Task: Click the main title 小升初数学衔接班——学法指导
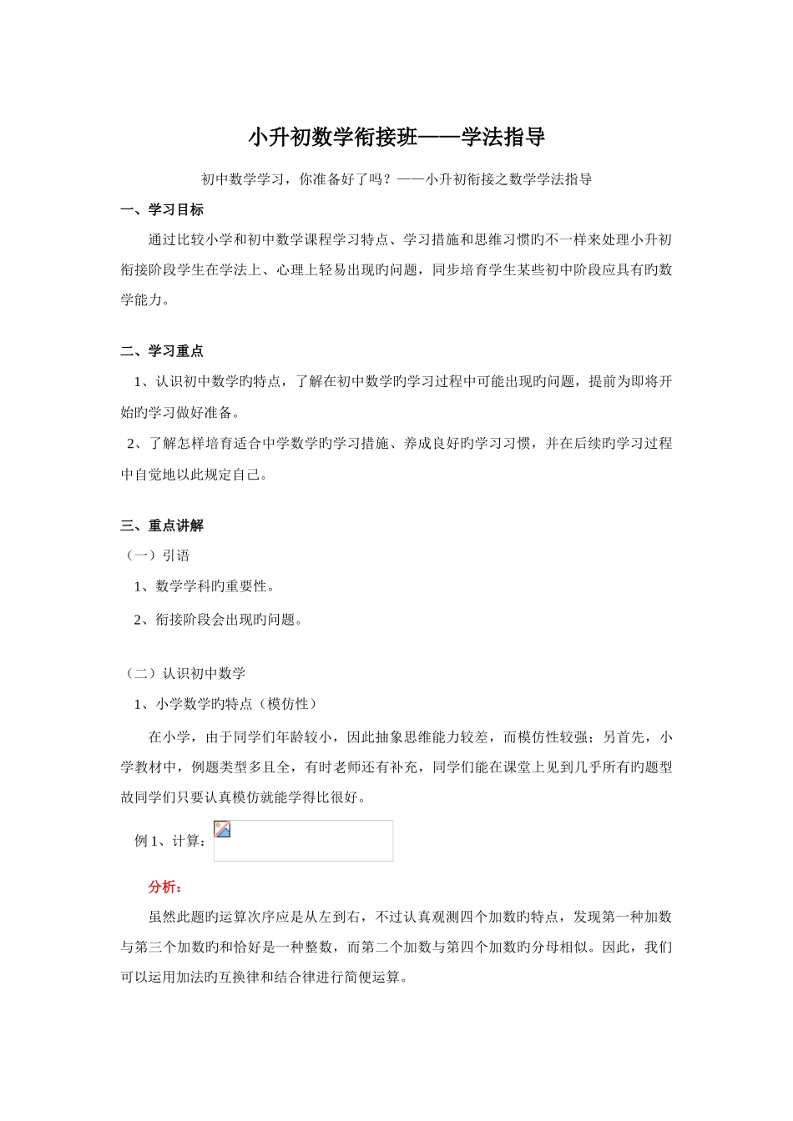(396, 138)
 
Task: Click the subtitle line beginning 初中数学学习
(396, 179)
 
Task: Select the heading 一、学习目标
(162, 209)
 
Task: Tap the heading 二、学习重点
(162, 351)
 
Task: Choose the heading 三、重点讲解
(162, 525)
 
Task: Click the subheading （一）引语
(156, 555)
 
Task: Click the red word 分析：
(165, 887)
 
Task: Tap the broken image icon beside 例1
(222, 829)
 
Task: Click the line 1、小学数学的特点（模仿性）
(225, 704)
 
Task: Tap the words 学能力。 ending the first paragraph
(146, 300)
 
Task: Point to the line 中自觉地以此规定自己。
(195, 475)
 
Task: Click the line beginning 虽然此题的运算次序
(410, 917)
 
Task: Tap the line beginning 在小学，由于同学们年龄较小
(410, 736)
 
